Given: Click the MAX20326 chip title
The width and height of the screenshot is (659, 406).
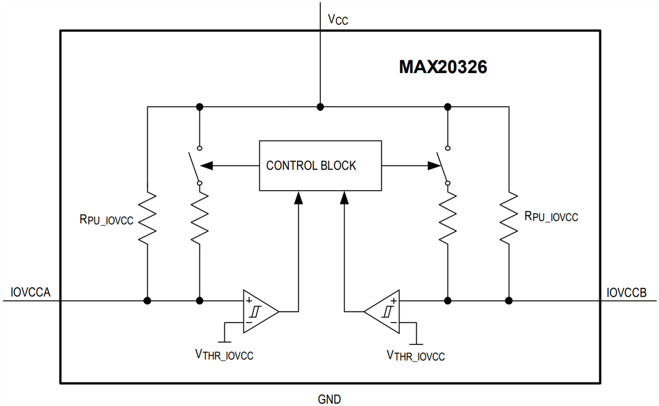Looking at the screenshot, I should (443, 68).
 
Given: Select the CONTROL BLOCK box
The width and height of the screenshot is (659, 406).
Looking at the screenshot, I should (320, 165).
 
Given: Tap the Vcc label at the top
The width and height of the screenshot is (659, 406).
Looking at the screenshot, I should (338, 20).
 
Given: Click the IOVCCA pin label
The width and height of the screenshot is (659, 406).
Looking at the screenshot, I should (31, 292).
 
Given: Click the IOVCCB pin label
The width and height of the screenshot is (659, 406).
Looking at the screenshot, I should (627, 292).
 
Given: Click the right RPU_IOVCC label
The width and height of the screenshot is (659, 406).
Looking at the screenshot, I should (551, 217).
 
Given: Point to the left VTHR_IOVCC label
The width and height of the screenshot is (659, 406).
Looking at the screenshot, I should (224, 355).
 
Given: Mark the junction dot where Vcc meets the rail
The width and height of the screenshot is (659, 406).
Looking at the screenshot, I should (320, 107).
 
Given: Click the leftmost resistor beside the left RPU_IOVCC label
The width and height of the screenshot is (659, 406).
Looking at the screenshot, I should (147, 217).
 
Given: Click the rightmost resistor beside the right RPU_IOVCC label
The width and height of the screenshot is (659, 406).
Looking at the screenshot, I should (509, 217).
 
